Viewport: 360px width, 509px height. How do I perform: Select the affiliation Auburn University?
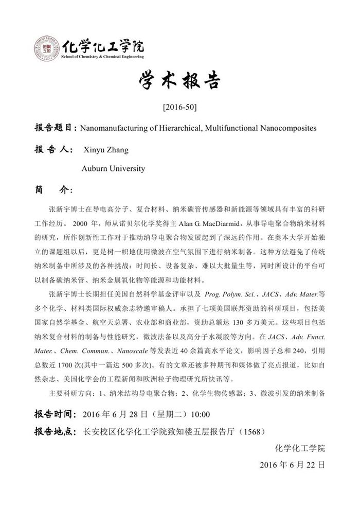point(113,168)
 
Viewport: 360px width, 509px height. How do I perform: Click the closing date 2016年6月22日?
point(293,464)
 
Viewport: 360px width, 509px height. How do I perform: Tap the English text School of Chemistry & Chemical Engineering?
point(102,56)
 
